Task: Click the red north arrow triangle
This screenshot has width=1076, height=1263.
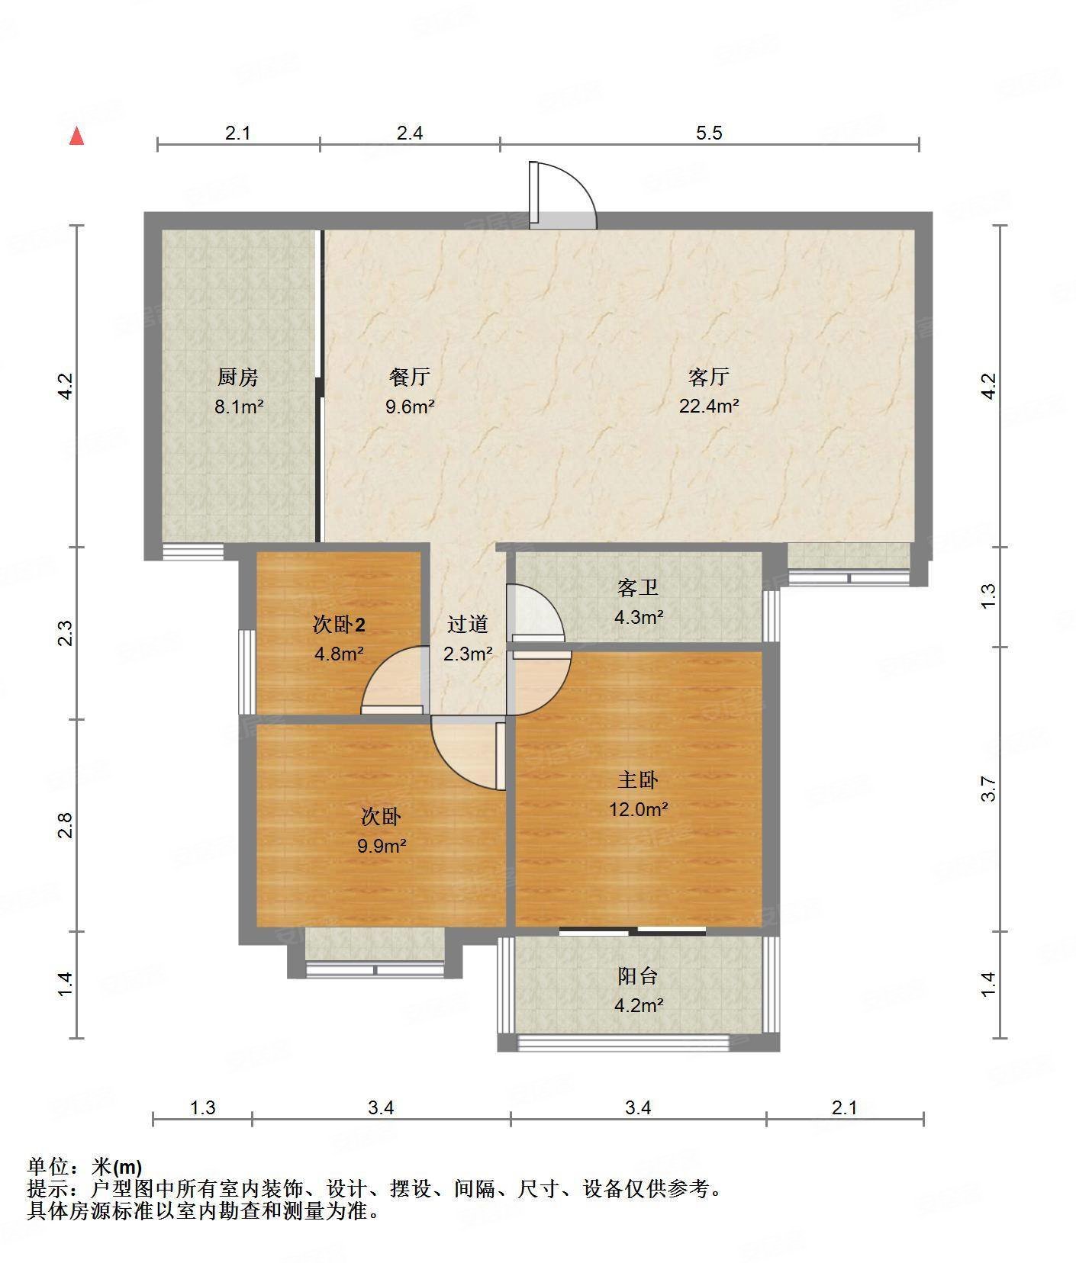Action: (76, 136)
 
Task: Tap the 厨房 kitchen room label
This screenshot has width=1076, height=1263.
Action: (238, 377)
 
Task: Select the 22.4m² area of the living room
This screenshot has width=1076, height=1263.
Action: (709, 406)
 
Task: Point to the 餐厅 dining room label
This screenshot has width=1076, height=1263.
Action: (410, 377)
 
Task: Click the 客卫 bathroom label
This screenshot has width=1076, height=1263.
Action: (638, 587)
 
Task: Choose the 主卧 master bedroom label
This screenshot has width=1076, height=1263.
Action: (638, 779)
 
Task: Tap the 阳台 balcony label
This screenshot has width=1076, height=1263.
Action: (638, 975)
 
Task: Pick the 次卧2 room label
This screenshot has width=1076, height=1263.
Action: (339, 625)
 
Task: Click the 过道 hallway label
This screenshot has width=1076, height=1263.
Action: (467, 625)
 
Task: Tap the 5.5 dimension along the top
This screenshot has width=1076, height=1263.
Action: (709, 133)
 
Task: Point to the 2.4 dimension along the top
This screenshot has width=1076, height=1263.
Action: (410, 133)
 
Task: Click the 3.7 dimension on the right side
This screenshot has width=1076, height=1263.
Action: (989, 789)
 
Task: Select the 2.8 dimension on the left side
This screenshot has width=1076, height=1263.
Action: (66, 825)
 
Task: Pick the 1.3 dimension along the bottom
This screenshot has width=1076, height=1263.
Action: (202, 1107)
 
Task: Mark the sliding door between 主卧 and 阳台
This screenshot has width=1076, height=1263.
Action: (633, 930)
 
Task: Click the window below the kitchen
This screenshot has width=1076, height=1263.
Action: (193, 551)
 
